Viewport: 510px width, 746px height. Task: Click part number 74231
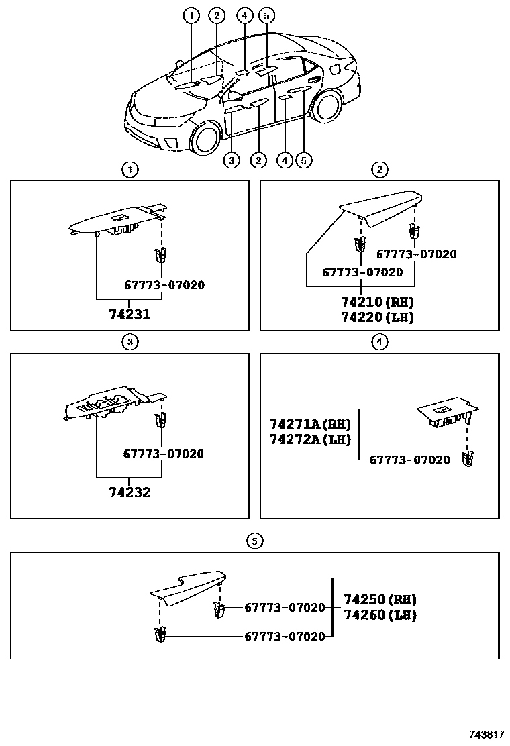[130, 314]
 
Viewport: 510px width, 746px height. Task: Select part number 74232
[130, 492]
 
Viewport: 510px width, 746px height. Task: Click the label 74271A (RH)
[310, 424]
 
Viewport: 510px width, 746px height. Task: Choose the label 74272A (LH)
[310, 439]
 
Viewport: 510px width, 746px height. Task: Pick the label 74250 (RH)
[380, 599]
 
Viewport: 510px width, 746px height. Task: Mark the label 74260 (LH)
[380, 615]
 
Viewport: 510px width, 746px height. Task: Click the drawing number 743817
[487, 736]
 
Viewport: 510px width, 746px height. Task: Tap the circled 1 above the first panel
[130, 170]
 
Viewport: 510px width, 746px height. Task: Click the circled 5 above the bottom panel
[254, 541]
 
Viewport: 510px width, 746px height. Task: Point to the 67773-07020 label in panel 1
[164, 285]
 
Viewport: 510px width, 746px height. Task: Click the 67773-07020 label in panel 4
[410, 460]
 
